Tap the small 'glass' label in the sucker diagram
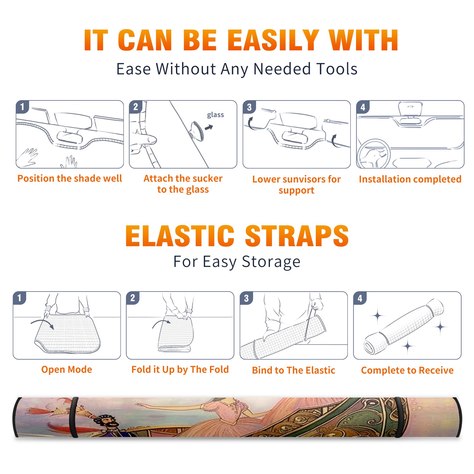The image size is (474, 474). [x=215, y=115]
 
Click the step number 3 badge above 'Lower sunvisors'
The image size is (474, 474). [x=249, y=107]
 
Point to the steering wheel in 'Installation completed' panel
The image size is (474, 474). [x=374, y=154]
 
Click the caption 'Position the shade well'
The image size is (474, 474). [x=70, y=178]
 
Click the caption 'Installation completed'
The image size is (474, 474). [x=410, y=179]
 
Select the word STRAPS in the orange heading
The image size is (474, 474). [x=297, y=236]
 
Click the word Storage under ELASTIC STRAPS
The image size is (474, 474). [x=271, y=262]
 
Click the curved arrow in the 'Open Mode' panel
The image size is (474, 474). [x=42, y=324]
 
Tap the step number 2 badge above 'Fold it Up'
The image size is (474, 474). [x=132, y=298]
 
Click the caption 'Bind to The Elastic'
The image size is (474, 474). [x=293, y=370]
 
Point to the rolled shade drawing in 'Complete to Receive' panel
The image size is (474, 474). [x=404, y=326]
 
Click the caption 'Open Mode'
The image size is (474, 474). [x=67, y=369]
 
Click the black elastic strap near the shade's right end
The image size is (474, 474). [x=401, y=417]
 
